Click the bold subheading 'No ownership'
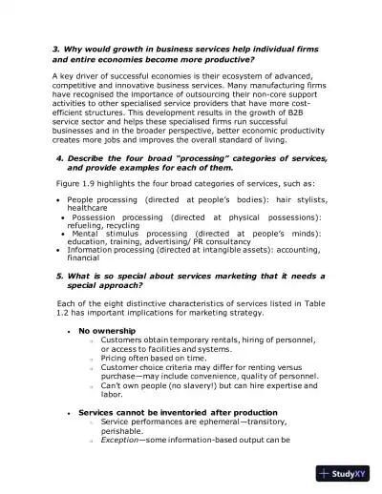tap(106, 330)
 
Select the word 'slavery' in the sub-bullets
tap(190, 384)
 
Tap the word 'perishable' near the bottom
tap(122, 429)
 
